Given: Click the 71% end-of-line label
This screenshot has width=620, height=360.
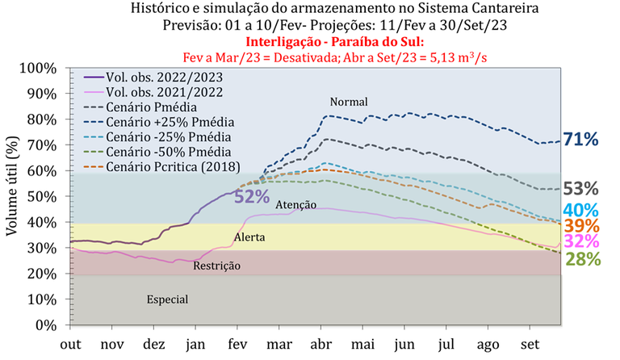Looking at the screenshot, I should pos(581,140).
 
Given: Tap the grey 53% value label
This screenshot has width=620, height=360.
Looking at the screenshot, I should pos(581,189).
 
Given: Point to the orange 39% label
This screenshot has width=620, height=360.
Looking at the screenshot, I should pos(581,226).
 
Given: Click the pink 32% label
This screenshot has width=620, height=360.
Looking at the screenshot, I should pos(581,241).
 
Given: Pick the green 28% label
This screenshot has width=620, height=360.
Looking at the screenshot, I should pos(581,259).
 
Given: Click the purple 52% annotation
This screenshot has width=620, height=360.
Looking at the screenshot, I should pos(251,196).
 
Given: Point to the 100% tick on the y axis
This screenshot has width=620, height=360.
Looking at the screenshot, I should pos(44,68).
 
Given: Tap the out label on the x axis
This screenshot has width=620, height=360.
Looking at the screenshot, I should pos(71,341).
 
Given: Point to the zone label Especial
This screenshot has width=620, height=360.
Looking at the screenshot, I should pos(167,299).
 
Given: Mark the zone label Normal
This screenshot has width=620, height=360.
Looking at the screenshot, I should pos(349,103).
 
